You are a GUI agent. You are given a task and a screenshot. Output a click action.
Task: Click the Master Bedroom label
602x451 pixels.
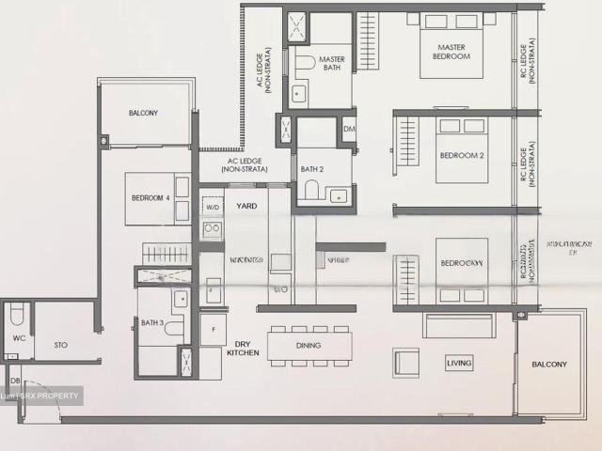click(451, 52)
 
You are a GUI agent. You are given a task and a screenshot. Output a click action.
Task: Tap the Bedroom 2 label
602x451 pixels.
click(461, 155)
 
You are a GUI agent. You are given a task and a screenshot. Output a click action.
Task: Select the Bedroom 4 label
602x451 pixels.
click(151, 197)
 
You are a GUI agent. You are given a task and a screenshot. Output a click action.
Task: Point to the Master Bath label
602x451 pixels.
click(331, 63)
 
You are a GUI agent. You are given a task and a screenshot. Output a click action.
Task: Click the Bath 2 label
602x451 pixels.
click(312, 169)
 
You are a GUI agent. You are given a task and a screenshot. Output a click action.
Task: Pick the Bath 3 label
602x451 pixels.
click(153, 323)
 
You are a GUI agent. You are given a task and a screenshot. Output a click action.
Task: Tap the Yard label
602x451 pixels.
click(246, 206)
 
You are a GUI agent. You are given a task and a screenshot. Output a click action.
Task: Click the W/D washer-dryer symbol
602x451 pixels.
click(212, 207)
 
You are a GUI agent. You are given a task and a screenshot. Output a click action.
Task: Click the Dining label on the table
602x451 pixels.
click(308, 346)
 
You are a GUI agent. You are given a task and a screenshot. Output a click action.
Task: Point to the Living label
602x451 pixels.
click(460, 363)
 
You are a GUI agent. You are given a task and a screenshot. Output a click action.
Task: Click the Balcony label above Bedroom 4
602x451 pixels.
click(143, 114)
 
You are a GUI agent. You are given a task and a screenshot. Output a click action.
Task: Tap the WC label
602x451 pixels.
click(19, 337)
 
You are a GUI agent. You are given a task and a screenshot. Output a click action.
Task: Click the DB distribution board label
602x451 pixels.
click(15, 380)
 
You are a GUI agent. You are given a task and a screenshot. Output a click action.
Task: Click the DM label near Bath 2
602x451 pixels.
click(349, 129)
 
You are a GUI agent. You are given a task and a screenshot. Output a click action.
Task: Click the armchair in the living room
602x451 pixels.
click(406, 361)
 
